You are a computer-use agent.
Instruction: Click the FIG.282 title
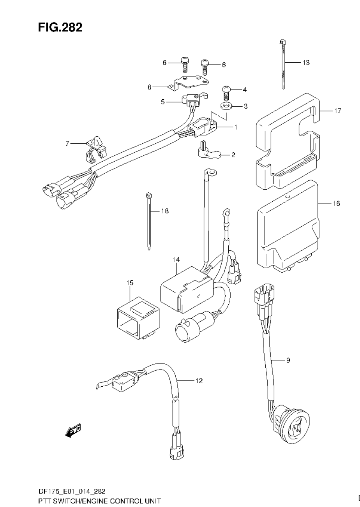[60, 27]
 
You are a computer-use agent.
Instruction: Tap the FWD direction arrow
[73, 431]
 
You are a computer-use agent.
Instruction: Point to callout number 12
[199, 380]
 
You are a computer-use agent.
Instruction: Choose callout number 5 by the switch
[163, 102]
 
